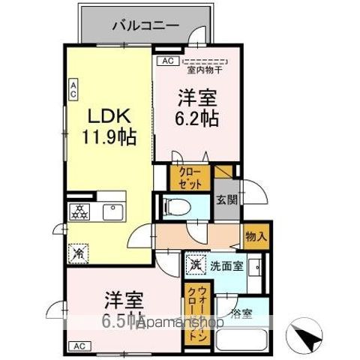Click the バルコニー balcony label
click(145, 25)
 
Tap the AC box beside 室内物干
click(166, 61)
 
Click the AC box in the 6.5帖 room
click(78, 346)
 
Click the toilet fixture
click(178, 206)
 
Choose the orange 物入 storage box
click(255, 235)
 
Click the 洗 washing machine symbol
click(195, 264)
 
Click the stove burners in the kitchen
click(79, 211)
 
